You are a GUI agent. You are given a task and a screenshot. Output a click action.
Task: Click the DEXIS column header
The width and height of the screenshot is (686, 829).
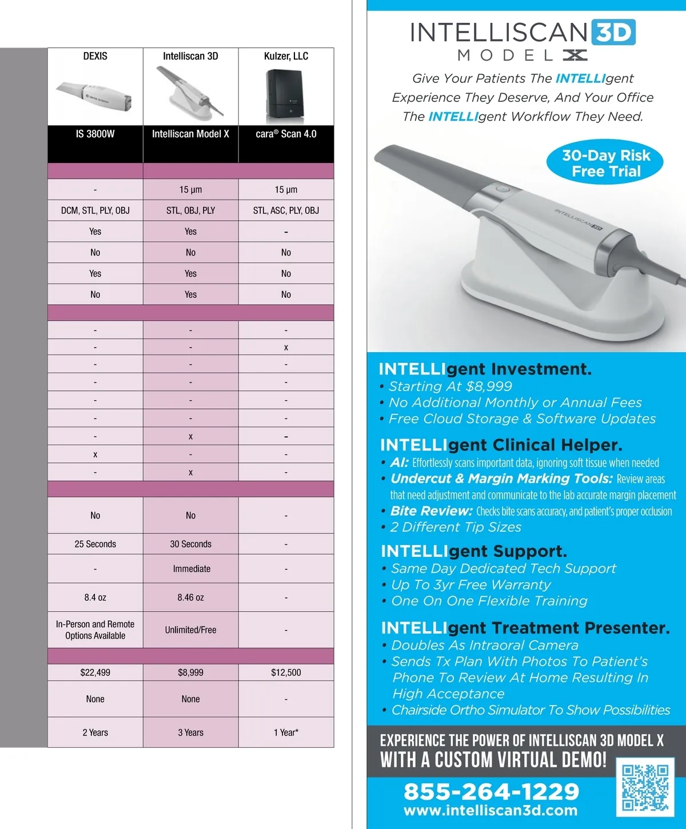coord(95,56)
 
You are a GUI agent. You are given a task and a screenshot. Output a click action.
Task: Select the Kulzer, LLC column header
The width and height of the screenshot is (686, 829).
coord(286,56)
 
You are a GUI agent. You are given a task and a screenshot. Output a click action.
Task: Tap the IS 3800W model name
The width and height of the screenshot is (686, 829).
coord(95,134)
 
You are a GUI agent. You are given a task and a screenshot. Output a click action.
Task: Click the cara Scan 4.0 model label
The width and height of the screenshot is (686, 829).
coord(286,134)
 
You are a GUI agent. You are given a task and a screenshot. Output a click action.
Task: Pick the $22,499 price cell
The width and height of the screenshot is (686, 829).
coord(95,672)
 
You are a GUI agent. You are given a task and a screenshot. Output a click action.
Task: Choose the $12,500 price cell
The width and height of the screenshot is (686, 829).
coord(286,672)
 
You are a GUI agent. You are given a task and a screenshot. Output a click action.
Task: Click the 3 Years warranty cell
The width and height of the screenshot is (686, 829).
coord(190,732)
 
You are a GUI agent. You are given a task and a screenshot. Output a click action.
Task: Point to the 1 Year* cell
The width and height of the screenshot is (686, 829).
coord(286,732)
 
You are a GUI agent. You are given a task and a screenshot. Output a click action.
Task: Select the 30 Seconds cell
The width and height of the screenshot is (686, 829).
coord(190,544)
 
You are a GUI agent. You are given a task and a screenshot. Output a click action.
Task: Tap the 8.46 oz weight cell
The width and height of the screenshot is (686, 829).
coord(190,597)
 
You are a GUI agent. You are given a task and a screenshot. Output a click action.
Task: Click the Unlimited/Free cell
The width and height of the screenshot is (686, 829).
coord(190,629)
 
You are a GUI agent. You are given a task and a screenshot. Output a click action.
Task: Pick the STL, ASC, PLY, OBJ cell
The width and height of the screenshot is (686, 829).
coord(286,210)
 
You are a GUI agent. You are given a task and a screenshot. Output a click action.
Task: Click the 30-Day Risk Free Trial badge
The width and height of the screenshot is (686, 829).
coord(605,163)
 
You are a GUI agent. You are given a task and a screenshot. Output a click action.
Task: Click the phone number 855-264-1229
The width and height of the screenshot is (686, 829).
coord(491,791)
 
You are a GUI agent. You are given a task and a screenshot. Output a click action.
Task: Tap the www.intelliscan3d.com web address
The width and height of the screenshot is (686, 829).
coord(490,811)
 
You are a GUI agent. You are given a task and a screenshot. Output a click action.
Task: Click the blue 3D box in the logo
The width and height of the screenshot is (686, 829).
coord(613,33)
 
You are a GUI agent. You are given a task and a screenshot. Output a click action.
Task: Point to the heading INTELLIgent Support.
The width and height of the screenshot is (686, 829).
coord(473,551)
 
